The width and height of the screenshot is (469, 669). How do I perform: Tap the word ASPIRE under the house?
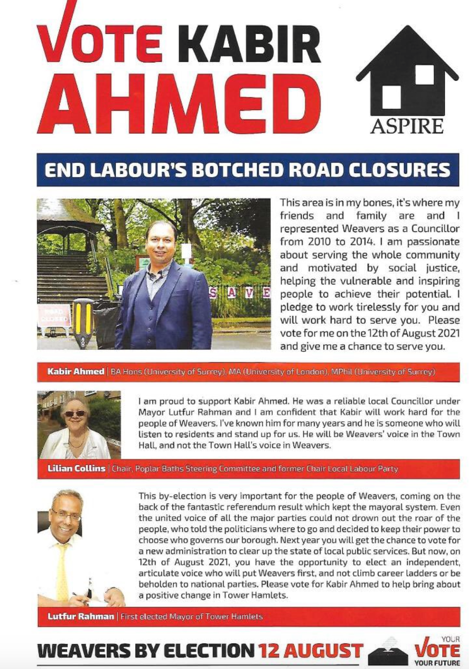click(407, 126)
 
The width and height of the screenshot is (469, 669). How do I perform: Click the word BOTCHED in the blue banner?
click(237, 170)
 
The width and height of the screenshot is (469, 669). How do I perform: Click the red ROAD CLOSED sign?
click(54, 316)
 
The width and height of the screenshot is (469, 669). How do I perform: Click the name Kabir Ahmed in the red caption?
click(75, 372)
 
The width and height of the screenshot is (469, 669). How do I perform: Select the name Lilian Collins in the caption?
click(76, 469)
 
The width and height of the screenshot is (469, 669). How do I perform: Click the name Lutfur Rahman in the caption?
click(81, 616)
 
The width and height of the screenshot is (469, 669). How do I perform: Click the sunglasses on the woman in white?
click(75, 414)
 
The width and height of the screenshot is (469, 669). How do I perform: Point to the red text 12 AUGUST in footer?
click(311, 651)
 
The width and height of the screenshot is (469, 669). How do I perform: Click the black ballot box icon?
click(388, 653)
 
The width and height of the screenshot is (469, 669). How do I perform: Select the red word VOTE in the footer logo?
click(437, 651)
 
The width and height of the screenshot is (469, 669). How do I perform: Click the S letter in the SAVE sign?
click(213, 293)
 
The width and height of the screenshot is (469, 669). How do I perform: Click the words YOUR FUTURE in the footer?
click(437, 663)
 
